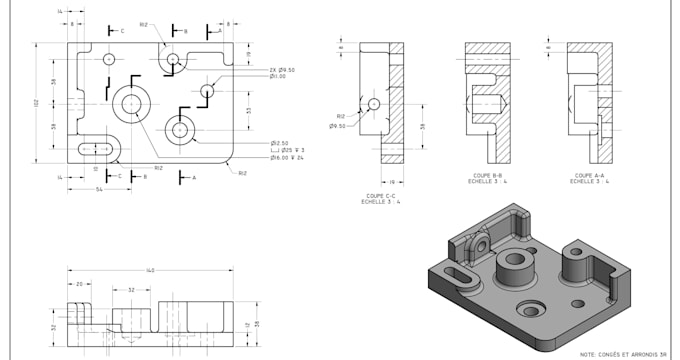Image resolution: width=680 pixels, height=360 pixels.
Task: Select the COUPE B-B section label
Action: [487, 176]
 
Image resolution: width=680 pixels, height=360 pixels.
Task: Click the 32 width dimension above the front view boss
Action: [131, 289]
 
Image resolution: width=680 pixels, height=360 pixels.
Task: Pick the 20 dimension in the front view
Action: [79, 284]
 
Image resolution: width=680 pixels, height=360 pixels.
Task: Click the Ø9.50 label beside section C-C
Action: [337, 126]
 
